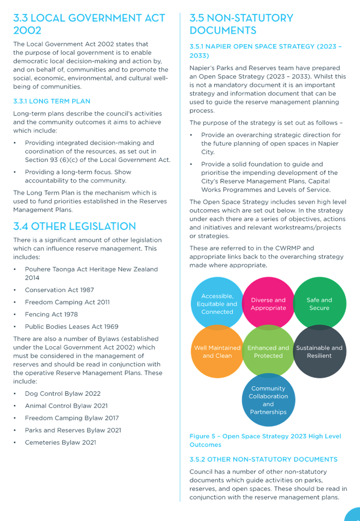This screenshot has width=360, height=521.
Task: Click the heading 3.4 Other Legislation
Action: [75, 226]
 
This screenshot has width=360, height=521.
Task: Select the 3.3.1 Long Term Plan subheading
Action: [52, 101]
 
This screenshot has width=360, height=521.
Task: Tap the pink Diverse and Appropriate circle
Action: [268, 304]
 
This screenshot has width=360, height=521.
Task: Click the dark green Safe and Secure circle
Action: [320, 303]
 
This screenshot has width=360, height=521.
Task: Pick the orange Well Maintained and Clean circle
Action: [217, 352]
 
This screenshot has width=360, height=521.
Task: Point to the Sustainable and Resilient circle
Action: [320, 352]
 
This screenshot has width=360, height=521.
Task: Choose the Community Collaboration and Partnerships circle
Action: [268, 400]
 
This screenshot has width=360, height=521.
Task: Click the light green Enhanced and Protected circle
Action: [268, 352]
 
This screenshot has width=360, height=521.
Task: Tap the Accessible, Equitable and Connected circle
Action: [217, 304]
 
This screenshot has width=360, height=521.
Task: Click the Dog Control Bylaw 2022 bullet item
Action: [62, 394]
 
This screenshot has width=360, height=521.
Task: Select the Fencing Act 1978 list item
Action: [51, 314]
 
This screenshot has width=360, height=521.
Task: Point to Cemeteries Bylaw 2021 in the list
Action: [60, 443]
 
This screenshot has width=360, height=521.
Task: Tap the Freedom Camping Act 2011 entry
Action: [67, 302]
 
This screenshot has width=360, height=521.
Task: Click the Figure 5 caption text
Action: [265, 440]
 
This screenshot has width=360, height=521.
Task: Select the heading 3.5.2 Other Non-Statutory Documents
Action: [263, 460]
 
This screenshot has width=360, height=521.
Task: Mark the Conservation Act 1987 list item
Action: [59, 290]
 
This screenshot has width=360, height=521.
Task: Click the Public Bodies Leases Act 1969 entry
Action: [72, 327]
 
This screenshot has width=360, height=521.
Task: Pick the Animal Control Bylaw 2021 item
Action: [66, 406]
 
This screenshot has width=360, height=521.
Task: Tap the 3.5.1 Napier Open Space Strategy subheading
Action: [265, 51]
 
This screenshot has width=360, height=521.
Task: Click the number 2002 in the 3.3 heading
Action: [27, 30]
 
